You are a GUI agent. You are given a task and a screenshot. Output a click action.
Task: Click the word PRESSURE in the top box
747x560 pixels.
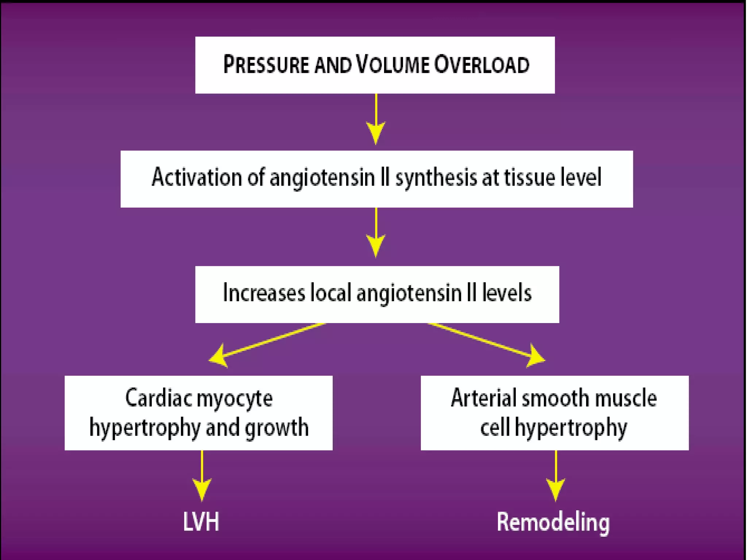coord(266,65)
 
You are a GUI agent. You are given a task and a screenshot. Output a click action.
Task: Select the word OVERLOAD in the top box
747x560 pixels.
coord(481,65)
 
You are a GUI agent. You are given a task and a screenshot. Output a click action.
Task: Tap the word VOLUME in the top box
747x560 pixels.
coord(392,65)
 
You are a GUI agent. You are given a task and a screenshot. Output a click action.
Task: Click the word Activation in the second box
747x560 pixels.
coord(197,178)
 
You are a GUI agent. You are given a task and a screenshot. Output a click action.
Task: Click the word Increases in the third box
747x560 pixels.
coord(263,293)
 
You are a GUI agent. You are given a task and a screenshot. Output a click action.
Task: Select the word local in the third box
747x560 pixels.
coord(330,293)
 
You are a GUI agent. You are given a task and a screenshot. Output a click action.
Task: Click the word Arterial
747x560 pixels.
coord(483,398)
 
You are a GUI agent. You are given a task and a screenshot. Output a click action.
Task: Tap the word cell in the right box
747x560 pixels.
coord(495,427)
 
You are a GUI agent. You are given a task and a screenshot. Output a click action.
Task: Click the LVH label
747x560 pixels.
coord(201,522)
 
